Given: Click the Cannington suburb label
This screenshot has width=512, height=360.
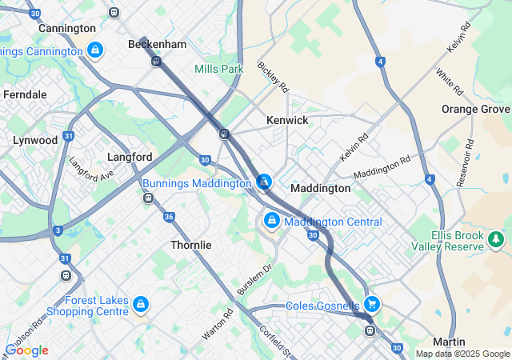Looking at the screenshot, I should coord(66,28).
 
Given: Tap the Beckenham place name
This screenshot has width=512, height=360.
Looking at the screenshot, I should coord(157,45).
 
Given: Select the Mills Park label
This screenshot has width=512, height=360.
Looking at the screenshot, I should coord(218,69).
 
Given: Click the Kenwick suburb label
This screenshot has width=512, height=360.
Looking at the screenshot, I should coord(287,120).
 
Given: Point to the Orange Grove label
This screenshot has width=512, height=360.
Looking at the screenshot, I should coord(475,109).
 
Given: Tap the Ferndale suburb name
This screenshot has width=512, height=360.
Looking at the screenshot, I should coord(25,94).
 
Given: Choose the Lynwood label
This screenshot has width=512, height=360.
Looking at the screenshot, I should coord(35,140).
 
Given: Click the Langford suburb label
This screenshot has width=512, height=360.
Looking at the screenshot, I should coord(130,158).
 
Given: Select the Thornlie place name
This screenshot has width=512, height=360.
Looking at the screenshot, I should coord(191,245).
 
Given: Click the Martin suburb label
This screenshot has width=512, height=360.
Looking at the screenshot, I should coord(449,342).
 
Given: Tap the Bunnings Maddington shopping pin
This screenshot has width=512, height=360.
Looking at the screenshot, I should coord(264,182).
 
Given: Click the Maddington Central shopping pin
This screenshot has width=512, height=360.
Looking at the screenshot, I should coord(272,220).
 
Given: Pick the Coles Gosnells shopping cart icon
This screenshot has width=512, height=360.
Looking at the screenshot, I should coord(371,304).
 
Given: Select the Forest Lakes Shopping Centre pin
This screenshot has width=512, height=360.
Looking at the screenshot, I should coord(141,304).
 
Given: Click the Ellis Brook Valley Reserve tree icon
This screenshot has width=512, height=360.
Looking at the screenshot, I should coord(497,238).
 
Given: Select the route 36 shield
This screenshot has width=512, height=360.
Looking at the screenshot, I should coord(169,217).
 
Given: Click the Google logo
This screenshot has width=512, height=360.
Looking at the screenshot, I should coord(26,350).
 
